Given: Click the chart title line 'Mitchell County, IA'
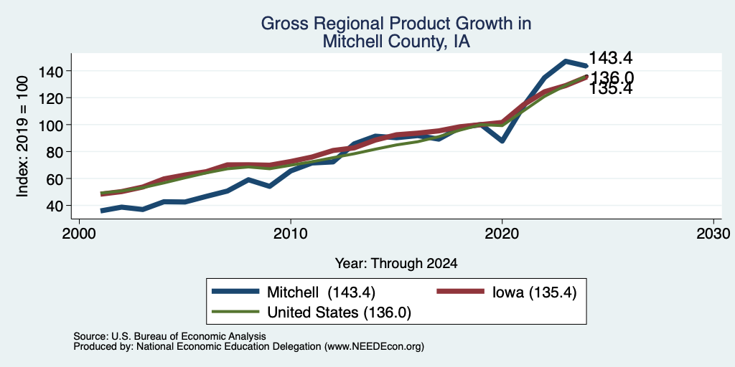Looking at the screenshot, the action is [396, 42].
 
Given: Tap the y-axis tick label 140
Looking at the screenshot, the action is [51, 71].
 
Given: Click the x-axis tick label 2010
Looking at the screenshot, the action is [291, 233].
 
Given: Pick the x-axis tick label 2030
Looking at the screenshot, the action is [713, 233].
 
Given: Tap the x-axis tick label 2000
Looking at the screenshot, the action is [80, 233].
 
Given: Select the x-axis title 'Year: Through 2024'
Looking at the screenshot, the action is [396, 263].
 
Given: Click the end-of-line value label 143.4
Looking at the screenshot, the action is [610, 58].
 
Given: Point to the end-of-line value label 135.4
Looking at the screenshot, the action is [610, 89].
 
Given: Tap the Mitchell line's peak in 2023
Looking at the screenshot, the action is [566, 62].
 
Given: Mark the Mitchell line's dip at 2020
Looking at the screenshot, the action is [502, 140].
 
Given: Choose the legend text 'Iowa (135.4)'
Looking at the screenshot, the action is [534, 292].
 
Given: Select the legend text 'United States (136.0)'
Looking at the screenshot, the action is [339, 313].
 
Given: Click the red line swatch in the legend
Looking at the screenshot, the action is [460, 292].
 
